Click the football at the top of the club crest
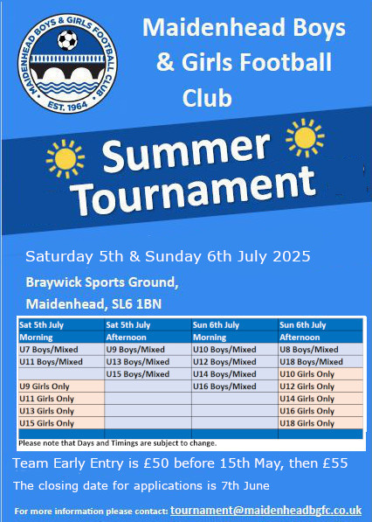(x=67, y=40)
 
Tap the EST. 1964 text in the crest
(x=67, y=106)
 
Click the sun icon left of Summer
(x=65, y=159)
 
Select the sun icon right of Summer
(x=305, y=137)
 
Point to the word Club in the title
(x=207, y=98)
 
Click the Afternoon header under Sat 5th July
(x=126, y=338)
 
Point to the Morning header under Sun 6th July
(x=210, y=338)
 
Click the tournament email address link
(x=266, y=511)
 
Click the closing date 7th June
(x=245, y=485)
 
